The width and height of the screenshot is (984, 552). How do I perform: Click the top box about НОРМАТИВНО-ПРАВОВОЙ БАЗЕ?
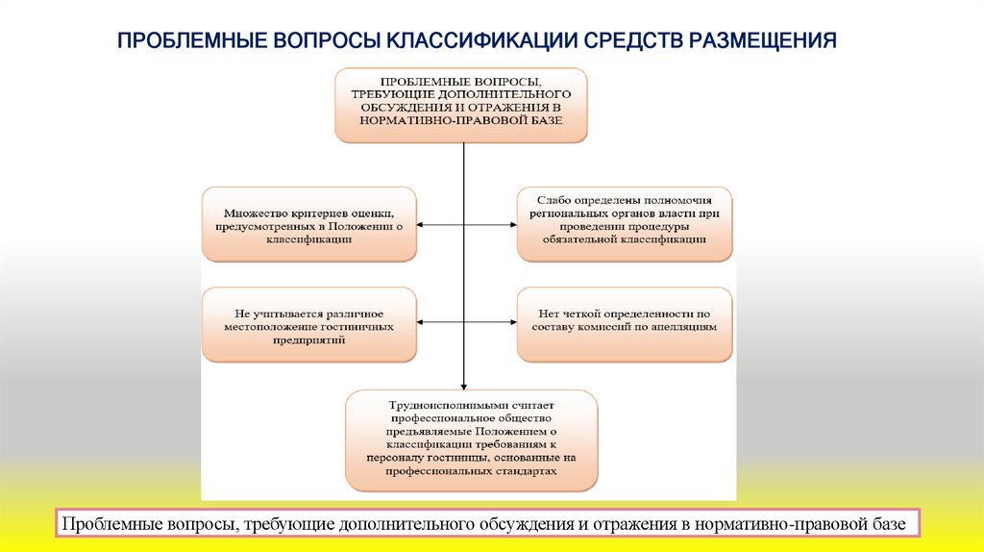click(461, 105)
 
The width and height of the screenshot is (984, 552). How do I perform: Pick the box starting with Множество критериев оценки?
click(308, 224)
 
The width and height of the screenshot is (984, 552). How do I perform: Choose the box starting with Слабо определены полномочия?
click(624, 224)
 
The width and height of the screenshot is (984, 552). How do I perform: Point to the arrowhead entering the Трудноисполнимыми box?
click(464, 384)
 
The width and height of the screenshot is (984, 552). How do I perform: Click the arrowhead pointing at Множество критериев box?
click(422, 224)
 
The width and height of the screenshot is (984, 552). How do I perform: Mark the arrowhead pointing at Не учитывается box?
click(422, 325)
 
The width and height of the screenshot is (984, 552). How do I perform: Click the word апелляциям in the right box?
click(684, 327)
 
